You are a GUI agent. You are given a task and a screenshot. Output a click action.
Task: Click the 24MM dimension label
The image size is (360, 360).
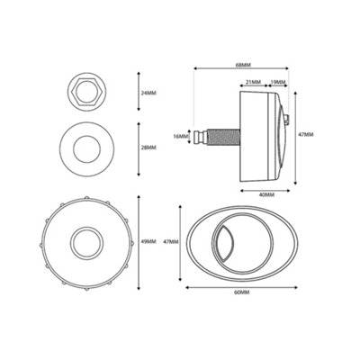pyautogui.click(x=149, y=93)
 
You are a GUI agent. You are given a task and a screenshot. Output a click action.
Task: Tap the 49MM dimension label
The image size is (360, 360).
pyautogui.click(x=149, y=240)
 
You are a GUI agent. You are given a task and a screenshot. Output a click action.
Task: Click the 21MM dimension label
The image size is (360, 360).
pyautogui.click(x=254, y=81)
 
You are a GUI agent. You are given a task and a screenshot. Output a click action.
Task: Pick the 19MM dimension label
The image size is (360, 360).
pyautogui.click(x=279, y=81)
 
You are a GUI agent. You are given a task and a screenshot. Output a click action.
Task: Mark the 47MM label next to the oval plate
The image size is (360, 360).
pyautogui.click(x=172, y=241)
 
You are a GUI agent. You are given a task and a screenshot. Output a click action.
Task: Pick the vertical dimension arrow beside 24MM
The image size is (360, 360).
pyautogui.click(x=137, y=93)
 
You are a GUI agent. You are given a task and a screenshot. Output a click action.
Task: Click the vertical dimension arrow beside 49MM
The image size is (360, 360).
pyautogui.click(x=137, y=240)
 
